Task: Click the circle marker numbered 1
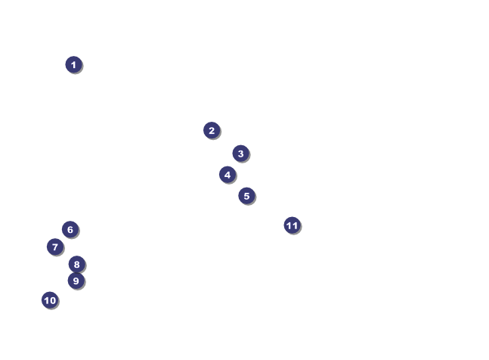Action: click(x=73, y=64)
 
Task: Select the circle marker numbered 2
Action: click(x=212, y=130)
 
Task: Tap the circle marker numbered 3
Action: click(x=240, y=154)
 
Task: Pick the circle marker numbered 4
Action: click(x=227, y=175)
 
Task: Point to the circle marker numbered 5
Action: click(x=246, y=196)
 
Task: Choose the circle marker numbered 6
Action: click(x=70, y=229)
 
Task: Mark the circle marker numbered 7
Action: click(x=54, y=247)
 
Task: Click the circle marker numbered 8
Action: click(x=76, y=264)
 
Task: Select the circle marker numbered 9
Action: click(x=76, y=281)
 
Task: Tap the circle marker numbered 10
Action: click(x=50, y=300)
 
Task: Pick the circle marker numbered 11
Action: click(x=292, y=225)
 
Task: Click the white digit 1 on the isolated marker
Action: click(x=73, y=65)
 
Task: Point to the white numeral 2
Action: click(x=212, y=131)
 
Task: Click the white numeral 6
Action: click(x=70, y=230)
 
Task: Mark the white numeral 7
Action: click(x=54, y=247)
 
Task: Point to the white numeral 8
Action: click(x=76, y=265)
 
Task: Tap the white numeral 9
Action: click(x=76, y=281)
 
